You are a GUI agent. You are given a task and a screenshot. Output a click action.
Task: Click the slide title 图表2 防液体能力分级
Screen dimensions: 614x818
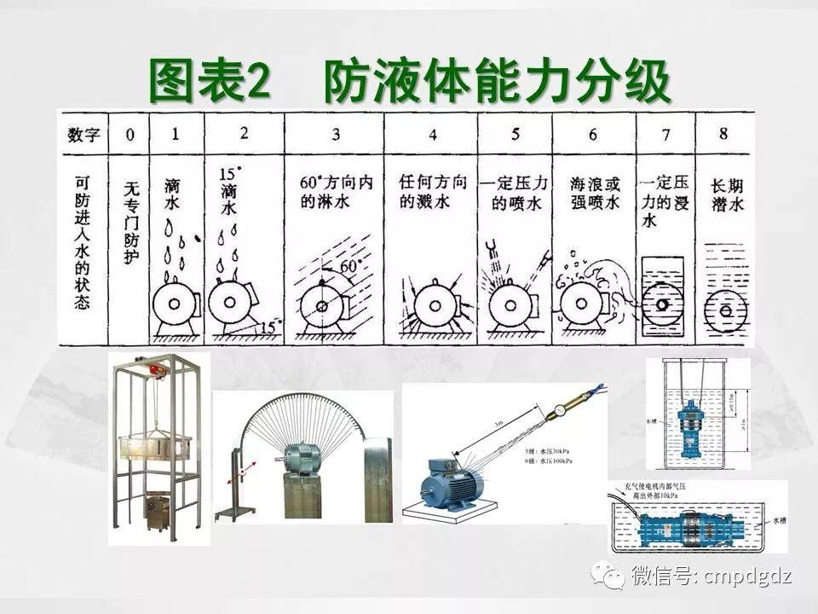[410, 83]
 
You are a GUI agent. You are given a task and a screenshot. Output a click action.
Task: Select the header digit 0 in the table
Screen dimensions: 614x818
[130, 135]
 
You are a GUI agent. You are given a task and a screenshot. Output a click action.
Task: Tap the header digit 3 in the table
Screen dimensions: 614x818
[336, 135]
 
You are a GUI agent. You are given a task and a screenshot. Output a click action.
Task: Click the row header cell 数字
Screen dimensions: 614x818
[84, 135]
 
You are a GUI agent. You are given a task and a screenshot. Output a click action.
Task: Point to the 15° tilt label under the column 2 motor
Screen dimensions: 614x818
[269, 326]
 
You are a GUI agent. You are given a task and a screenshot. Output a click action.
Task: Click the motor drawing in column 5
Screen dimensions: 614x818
[514, 304]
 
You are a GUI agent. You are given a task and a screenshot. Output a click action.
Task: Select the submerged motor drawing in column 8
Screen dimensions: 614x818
[726, 311]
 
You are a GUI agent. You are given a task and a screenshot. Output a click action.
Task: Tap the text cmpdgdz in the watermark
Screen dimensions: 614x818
[748, 576]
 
